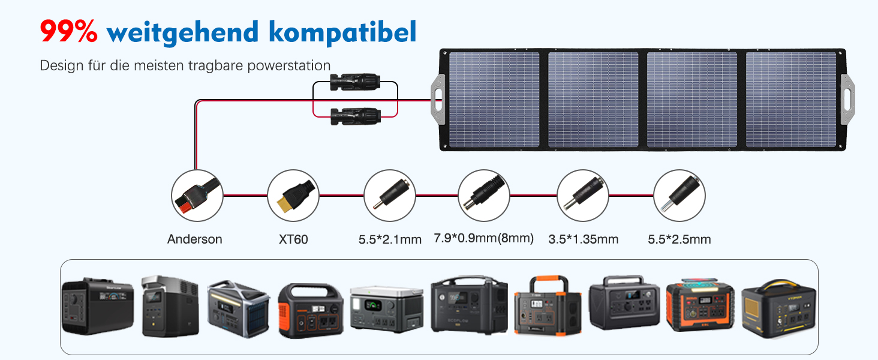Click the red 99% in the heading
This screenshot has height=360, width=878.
[x=68, y=31]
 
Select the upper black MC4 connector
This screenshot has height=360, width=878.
[x=356, y=80]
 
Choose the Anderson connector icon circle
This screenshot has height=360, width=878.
[x=197, y=195]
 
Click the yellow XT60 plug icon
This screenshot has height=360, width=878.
[x=293, y=195]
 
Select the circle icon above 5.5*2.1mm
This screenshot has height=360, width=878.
[x=390, y=195]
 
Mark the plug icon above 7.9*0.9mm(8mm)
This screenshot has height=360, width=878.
[x=484, y=195]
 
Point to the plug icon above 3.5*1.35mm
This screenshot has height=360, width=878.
[x=582, y=195]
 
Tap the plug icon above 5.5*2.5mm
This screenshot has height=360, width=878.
[x=679, y=195]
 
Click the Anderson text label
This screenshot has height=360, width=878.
[x=194, y=239]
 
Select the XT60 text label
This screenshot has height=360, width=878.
[x=293, y=239]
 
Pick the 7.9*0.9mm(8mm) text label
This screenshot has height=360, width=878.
[x=483, y=239]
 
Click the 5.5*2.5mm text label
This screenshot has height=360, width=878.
[x=679, y=240]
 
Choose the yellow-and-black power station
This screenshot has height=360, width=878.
[x=778, y=309]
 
